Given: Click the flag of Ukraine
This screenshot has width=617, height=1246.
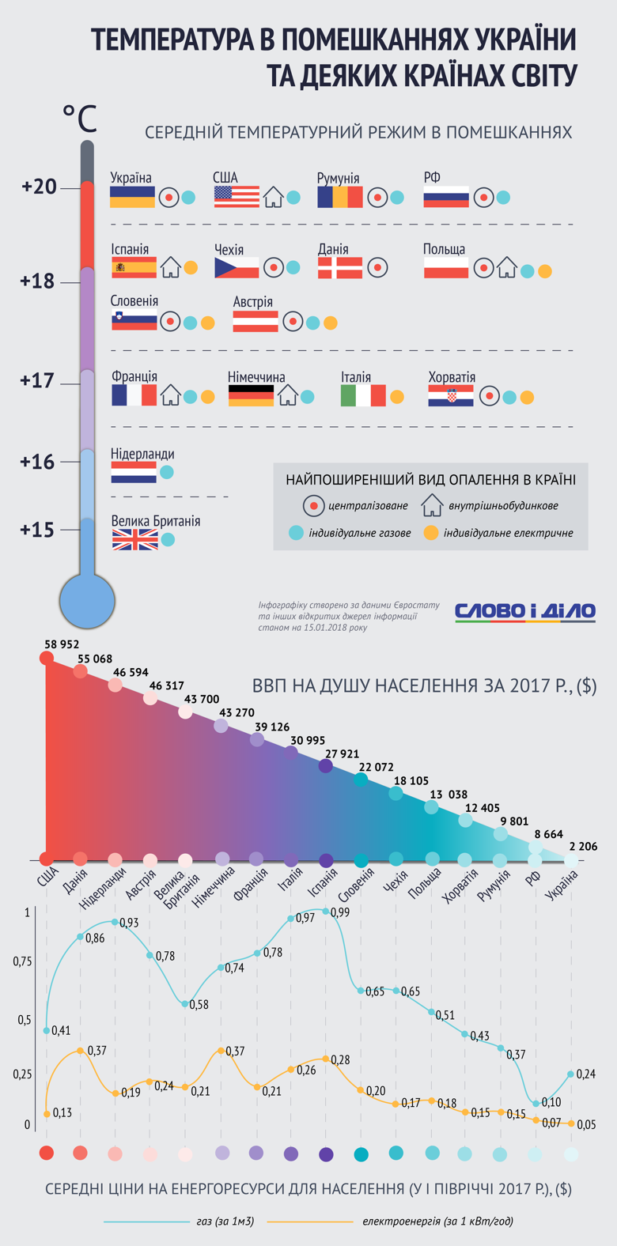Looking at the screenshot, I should [132, 197].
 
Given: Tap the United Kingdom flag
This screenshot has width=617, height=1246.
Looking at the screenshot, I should [134, 540].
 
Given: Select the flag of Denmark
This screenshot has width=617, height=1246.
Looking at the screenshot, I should [340, 268].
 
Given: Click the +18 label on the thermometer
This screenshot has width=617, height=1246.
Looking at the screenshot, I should [37, 281].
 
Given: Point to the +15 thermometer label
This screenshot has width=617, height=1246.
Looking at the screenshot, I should [37, 530].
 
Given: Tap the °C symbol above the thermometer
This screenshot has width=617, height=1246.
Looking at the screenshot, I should [79, 119].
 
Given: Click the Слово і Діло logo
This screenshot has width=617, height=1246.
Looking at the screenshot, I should [525, 611].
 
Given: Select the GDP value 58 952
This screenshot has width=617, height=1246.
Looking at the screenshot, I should [62, 645].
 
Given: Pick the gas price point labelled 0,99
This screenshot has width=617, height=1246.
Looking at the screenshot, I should [326, 911].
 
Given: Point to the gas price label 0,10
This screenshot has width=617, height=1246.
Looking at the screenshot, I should [551, 1101].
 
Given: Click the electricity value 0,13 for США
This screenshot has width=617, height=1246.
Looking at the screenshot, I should [62, 1112].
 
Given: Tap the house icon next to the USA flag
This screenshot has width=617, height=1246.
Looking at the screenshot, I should [274, 197].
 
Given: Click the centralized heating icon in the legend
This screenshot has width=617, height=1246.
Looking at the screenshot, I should [314, 505].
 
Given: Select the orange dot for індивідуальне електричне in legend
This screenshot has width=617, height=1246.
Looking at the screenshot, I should [430, 533].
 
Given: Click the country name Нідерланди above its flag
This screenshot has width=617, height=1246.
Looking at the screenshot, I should [142, 455].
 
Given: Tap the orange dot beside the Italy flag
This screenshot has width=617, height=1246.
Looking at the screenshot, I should [397, 397].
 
